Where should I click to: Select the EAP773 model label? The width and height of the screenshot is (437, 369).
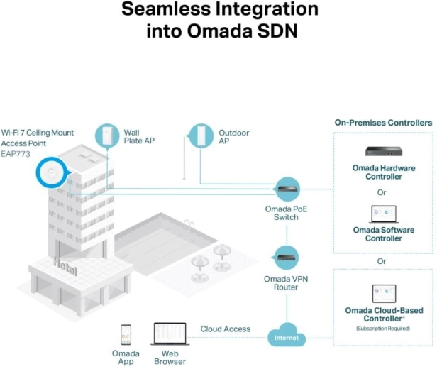click(16, 151)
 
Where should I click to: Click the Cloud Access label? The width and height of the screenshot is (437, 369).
click(225, 329)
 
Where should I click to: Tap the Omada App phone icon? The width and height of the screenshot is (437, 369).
click(126, 334)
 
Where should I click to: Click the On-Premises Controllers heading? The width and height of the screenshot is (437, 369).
click(383, 123)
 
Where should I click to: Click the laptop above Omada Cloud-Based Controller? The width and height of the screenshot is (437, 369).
click(383, 293)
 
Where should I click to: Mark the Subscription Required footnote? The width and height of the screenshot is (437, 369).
click(383, 329)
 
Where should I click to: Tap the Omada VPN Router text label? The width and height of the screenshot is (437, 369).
click(286, 282)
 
